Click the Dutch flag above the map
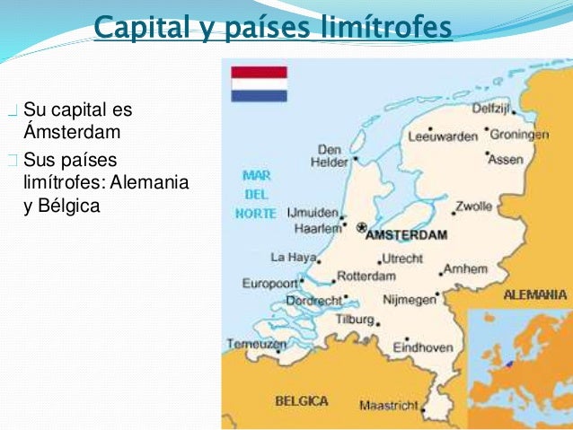259,83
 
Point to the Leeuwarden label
442,137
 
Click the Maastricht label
389,406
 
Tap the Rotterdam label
366,276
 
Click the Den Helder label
329,155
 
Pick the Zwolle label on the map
473,206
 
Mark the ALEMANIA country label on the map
535,294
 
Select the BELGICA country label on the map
301,400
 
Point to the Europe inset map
518,350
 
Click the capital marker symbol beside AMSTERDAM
361,228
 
